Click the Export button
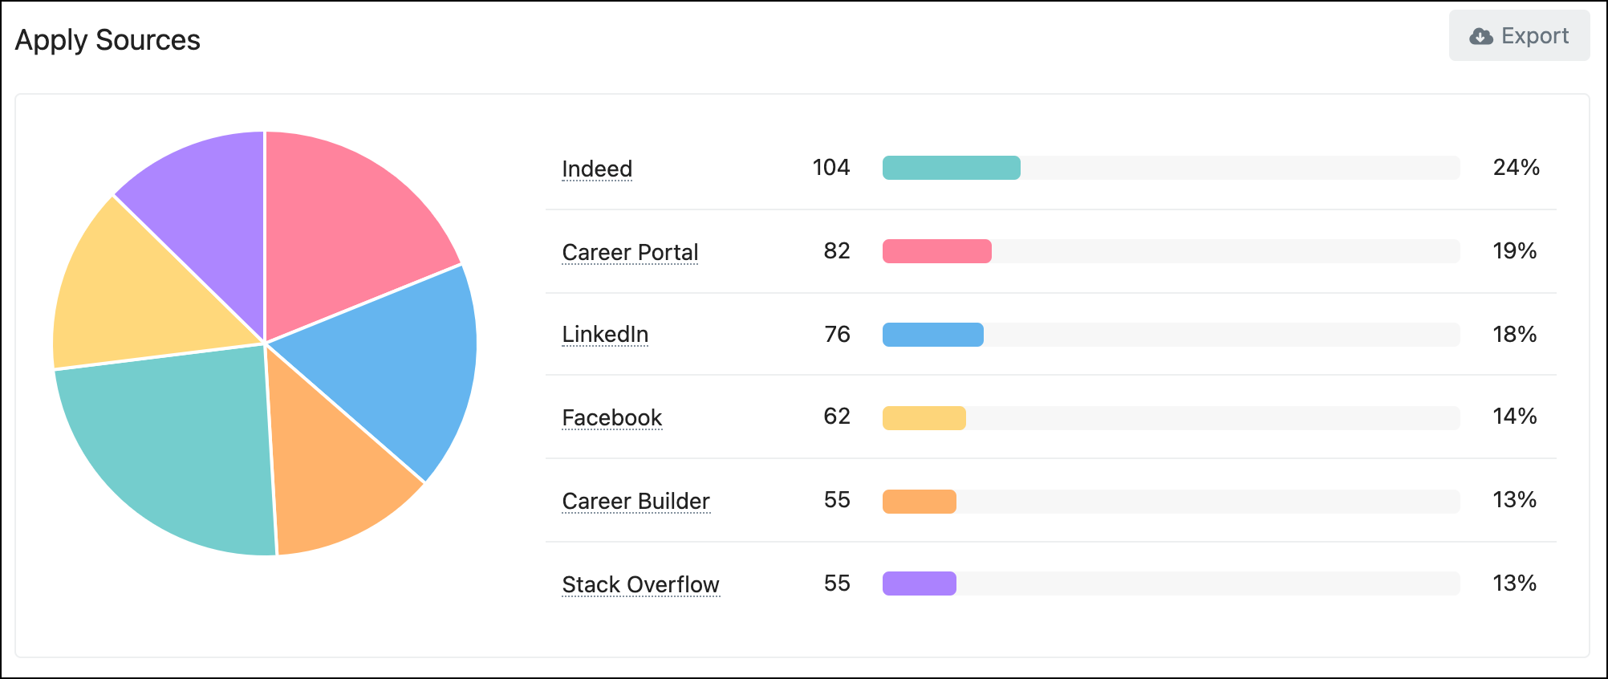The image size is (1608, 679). coord(1519,36)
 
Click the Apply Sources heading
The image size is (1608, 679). coord(108,40)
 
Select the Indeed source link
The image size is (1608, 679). coord(597,169)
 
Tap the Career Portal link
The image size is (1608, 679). coord(630,252)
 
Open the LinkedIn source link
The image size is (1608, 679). coord(605,334)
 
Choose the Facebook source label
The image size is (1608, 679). coord(611,417)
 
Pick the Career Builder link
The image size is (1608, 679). coord(635,501)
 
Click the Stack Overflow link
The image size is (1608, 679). coord(640,584)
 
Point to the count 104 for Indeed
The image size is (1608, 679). coord(830,168)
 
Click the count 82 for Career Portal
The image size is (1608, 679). coord(836,251)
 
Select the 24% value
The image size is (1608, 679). coord(1516,168)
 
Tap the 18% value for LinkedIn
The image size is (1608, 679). coord(1514,335)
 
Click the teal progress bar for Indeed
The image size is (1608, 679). coord(951,168)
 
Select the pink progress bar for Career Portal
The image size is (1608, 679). coord(936,251)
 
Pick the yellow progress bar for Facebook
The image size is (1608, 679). coord(924,418)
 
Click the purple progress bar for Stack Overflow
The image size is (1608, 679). coord(919,583)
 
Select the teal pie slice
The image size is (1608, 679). coord(177,449)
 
